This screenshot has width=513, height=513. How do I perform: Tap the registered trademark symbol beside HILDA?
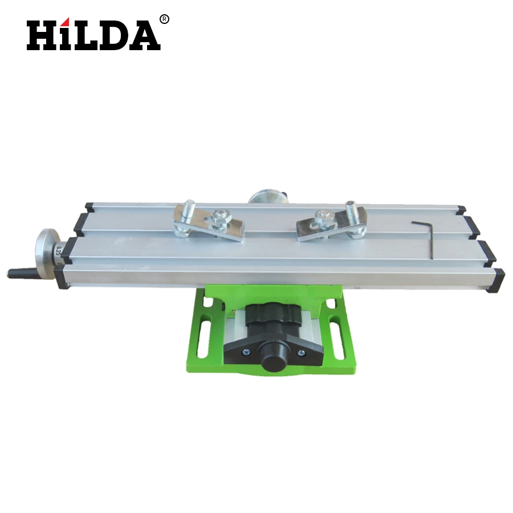point(165,19)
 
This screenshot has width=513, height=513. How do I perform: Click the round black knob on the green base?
point(272,360)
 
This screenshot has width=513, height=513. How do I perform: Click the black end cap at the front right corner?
point(495,280)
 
